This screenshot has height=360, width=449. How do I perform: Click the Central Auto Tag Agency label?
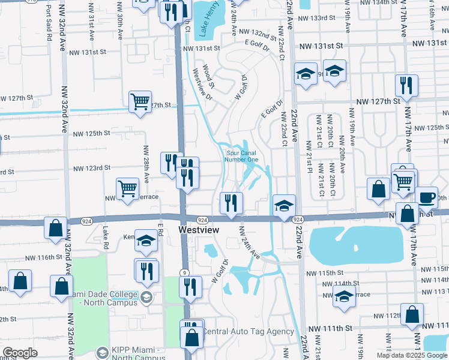249,331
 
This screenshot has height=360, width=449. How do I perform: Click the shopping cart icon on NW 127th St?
140,102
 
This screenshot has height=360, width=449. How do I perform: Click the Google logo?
20,353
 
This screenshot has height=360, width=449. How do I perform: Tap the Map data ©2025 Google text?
411,355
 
